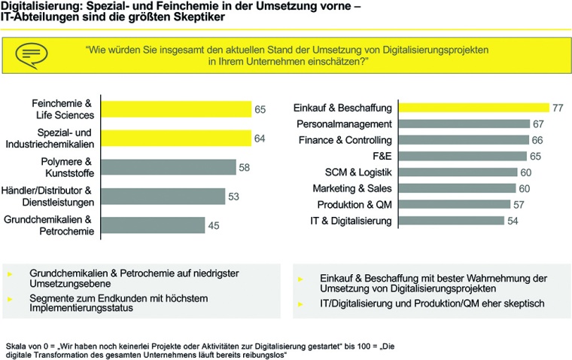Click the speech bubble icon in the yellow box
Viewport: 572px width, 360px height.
(31, 53)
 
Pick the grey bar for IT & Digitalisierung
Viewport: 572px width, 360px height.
(451, 221)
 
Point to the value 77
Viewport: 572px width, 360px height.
(558, 108)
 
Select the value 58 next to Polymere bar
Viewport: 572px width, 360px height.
(245, 167)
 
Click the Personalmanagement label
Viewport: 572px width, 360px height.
(344, 124)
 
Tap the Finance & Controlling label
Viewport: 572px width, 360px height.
(345, 140)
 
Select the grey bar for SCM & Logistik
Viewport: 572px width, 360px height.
(456, 172)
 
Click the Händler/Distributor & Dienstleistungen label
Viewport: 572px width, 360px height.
(47, 196)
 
